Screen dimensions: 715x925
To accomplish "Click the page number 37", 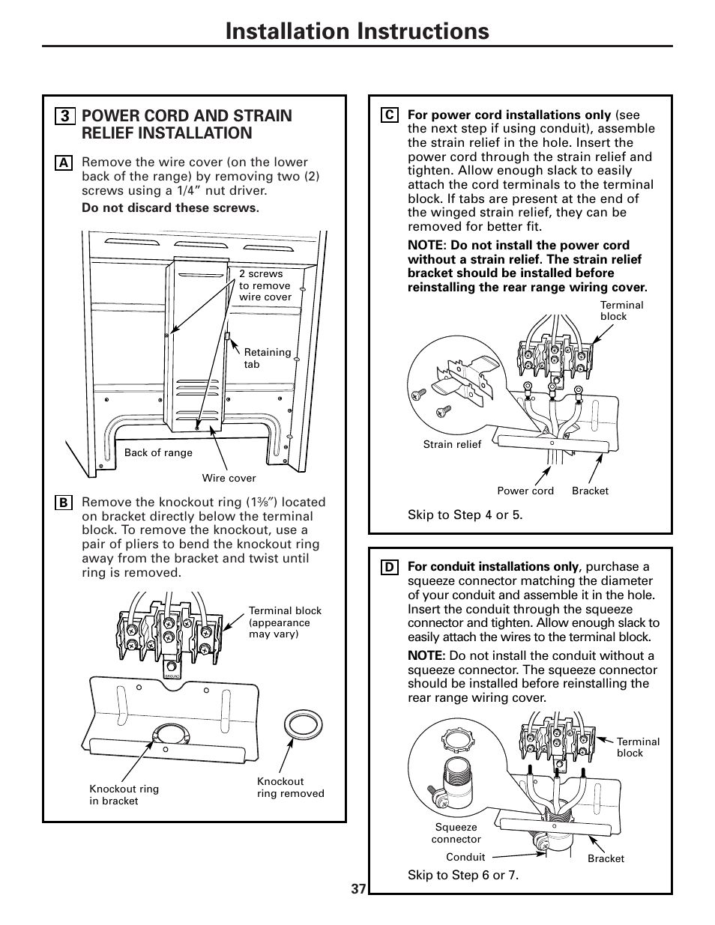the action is point(358,889).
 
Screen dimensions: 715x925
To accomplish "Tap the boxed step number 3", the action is point(65,116).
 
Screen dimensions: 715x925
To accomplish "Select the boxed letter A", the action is point(64,163).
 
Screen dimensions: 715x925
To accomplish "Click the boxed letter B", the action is point(64,503).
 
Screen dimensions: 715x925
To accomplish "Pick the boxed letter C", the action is point(389,115).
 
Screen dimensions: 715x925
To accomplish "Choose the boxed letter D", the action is point(389,568).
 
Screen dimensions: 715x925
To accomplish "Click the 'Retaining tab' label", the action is point(268,358).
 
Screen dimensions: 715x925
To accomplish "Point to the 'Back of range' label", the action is point(158,452).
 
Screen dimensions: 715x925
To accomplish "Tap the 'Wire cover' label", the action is point(229,478).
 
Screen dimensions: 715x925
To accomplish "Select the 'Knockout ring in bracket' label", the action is point(124,795).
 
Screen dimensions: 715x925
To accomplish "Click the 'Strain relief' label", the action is point(452,444).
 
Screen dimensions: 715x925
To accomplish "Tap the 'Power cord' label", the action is point(525,491).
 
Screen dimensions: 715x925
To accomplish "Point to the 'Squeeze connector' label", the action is point(456,833).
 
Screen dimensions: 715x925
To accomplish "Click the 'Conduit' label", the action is point(465,857).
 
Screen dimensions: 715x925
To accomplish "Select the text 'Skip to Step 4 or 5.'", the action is point(465,515).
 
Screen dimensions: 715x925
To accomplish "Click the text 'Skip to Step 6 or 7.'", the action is point(463,876).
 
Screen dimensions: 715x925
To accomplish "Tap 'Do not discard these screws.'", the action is point(170,207).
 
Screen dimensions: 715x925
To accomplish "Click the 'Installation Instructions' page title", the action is point(357,31).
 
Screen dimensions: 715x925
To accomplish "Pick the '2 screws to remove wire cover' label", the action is point(265,285).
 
